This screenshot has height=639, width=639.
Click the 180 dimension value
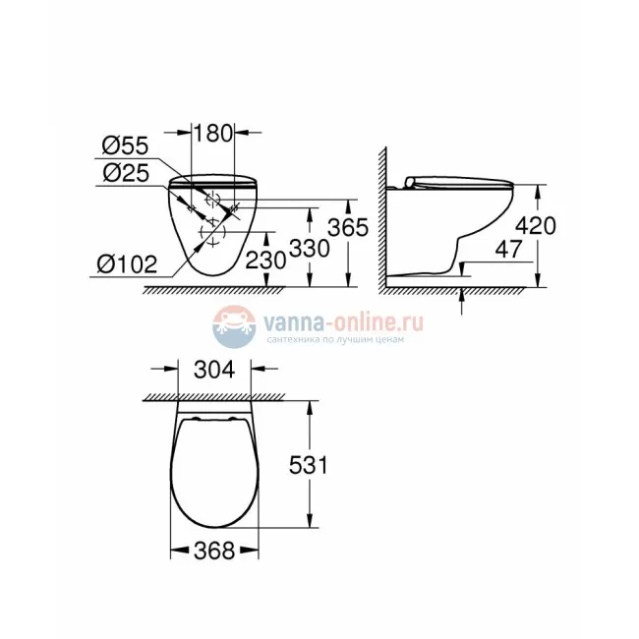[211, 132]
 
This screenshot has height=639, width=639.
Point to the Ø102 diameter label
[128, 263]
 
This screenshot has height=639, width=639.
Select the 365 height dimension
[348, 227]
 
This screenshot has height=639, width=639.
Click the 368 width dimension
[214, 552]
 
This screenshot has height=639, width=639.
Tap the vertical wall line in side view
[384, 216]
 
